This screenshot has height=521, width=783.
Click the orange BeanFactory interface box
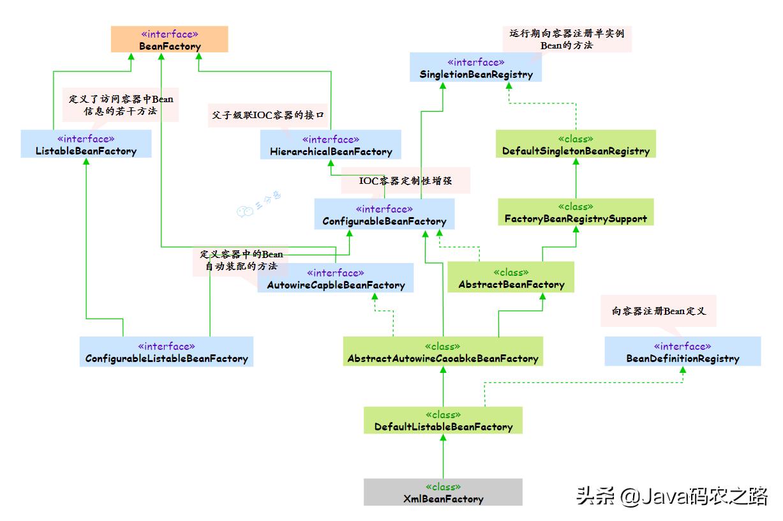[x=170, y=40]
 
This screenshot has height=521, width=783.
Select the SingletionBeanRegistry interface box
[x=476, y=68]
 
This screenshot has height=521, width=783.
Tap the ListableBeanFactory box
[x=86, y=144]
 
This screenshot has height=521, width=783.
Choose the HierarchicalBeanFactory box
[x=331, y=145]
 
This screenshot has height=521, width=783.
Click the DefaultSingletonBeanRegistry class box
[x=576, y=144]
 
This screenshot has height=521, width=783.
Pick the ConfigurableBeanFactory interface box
[x=384, y=215]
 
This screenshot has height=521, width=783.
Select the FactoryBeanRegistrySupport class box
[x=576, y=212]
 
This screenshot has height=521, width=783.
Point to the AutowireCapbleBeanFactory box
[x=336, y=278]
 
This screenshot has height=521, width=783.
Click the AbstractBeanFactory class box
[x=511, y=278]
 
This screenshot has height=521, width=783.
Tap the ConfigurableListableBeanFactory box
[x=167, y=352]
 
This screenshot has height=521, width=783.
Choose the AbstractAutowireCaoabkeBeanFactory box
[x=443, y=352]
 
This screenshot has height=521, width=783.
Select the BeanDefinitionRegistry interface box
[x=683, y=352]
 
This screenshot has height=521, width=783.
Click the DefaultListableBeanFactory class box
[x=443, y=420]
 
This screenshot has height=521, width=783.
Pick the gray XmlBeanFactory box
[x=443, y=492]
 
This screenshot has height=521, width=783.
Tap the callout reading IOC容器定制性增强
[x=406, y=181]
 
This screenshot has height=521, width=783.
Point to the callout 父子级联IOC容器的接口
[x=268, y=116]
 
